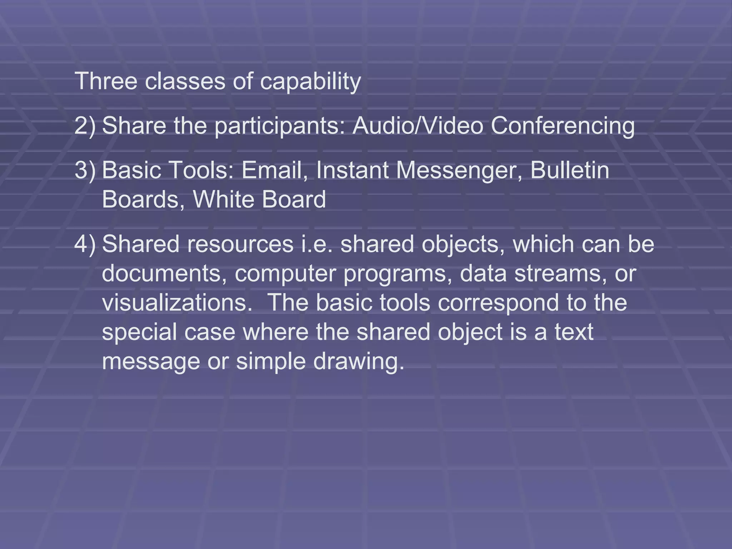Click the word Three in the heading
tap(106, 81)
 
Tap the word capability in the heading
tap(310, 82)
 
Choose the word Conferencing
tap(563, 127)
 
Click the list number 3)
tap(85, 170)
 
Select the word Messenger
tap(459, 171)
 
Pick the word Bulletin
tap(570, 170)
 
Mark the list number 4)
tap(85, 244)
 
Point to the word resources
tap(240, 244)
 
